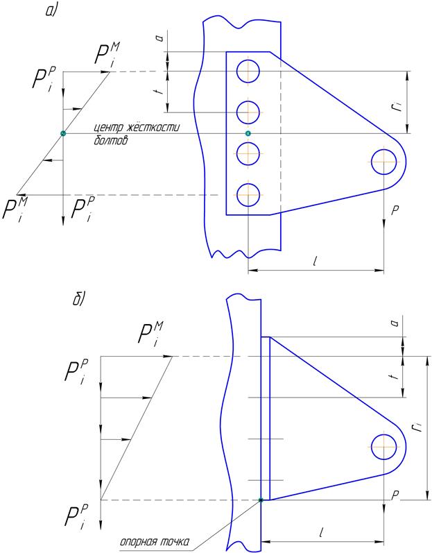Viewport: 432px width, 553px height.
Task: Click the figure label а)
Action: pyautogui.click(x=51, y=10)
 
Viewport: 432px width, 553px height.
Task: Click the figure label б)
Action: pyautogui.click(x=79, y=299)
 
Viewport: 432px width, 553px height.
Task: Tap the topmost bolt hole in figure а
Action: pyautogui.click(x=248, y=71)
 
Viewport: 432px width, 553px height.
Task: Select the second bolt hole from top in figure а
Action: pyautogui.click(x=248, y=112)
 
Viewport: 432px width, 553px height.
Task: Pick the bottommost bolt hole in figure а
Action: pyautogui.click(x=248, y=195)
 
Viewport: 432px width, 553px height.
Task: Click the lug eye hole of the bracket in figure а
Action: pyautogui.click(x=383, y=162)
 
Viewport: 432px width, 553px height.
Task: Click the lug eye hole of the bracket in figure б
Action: pyautogui.click(x=383, y=446)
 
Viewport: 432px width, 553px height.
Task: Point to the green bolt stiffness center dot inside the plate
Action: pyautogui.click(x=248, y=133)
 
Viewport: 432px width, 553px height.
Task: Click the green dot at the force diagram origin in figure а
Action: pyautogui.click(x=63, y=133)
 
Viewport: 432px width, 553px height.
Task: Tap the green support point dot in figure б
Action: pyautogui.click(x=261, y=500)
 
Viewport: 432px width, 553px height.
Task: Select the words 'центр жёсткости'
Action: pyautogui.click(x=137, y=127)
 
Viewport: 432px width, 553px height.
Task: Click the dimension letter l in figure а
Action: pyautogui.click(x=315, y=261)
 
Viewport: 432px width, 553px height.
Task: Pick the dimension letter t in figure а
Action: pyautogui.click(x=160, y=92)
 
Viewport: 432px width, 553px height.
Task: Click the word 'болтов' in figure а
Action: pyautogui.click(x=111, y=140)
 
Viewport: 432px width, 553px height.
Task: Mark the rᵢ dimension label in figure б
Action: pyautogui.click(x=417, y=427)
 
